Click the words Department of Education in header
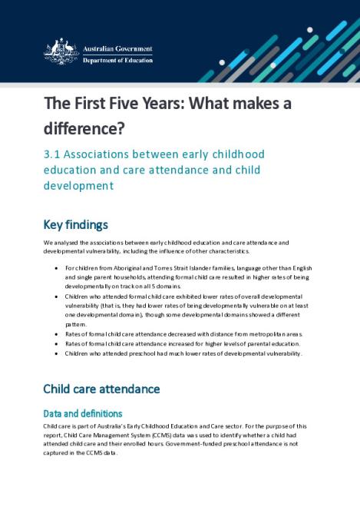pos(117,60)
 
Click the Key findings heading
pos(75,225)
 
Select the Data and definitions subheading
pos(82,413)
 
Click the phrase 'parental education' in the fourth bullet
pos(265,344)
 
